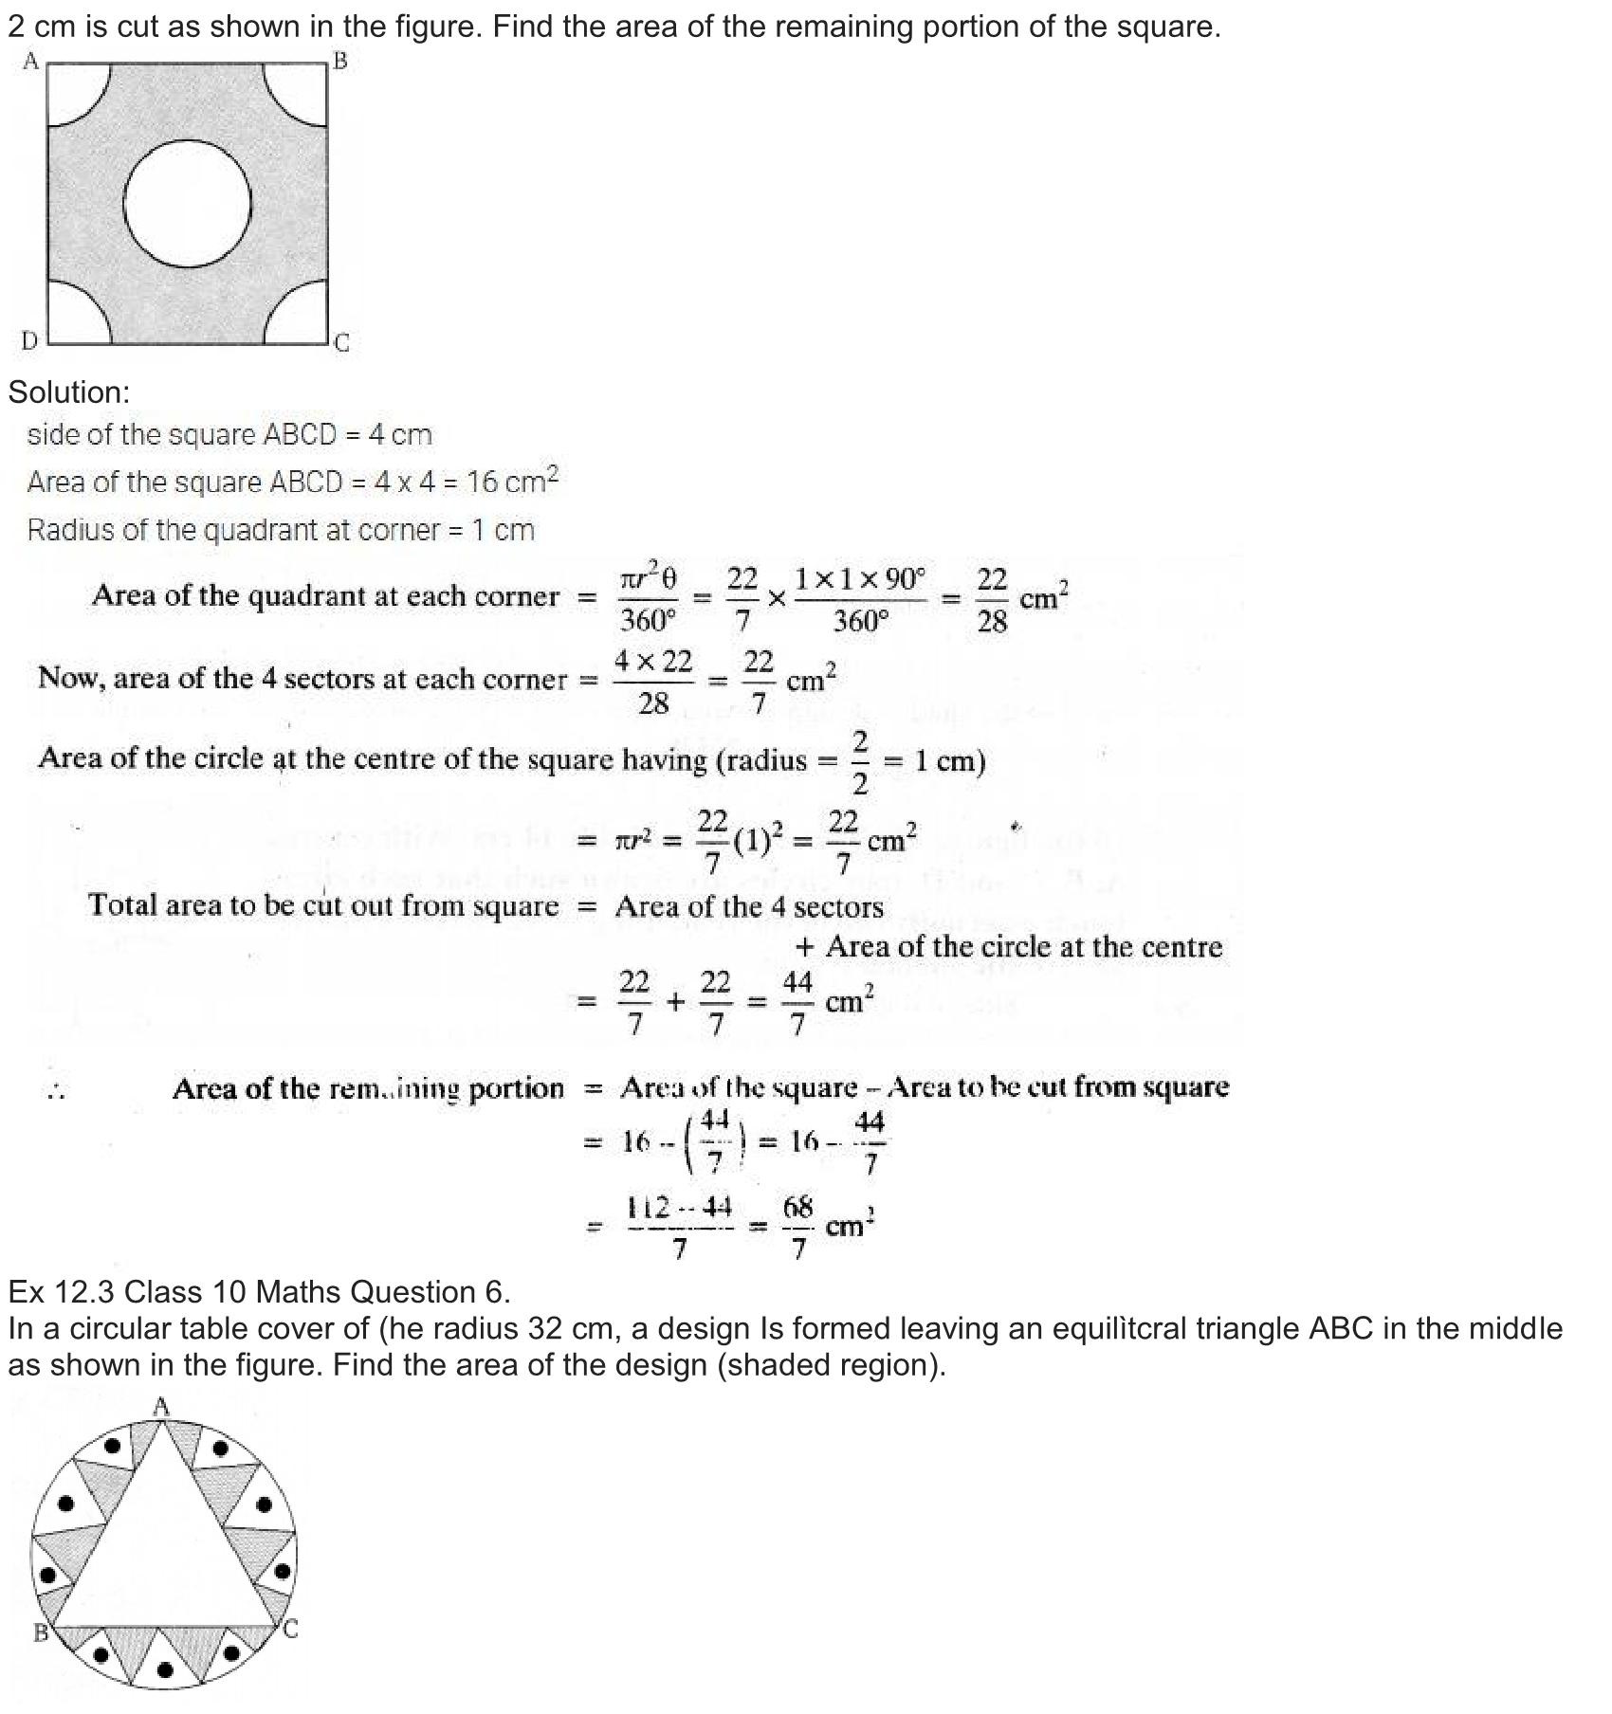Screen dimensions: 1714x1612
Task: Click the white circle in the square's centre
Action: [188, 204]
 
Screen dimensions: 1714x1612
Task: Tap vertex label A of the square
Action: [30, 62]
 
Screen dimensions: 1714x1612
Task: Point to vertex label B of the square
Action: [340, 62]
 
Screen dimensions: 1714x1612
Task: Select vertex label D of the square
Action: [29, 340]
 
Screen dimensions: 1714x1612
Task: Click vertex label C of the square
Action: [342, 343]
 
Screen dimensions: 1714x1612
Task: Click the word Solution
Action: [68, 392]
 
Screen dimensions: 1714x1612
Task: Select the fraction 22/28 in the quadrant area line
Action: [991, 600]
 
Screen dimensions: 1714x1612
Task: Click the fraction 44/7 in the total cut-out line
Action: [797, 1003]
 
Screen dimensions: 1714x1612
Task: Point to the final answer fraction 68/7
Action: [798, 1228]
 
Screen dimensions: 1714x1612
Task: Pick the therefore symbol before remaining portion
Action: [56, 1092]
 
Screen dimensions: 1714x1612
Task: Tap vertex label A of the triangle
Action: [161, 1406]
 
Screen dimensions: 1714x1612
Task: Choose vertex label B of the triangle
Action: [41, 1632]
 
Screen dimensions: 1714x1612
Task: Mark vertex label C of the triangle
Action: [291, 1630]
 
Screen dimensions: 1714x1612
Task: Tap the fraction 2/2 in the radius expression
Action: [860, 761]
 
